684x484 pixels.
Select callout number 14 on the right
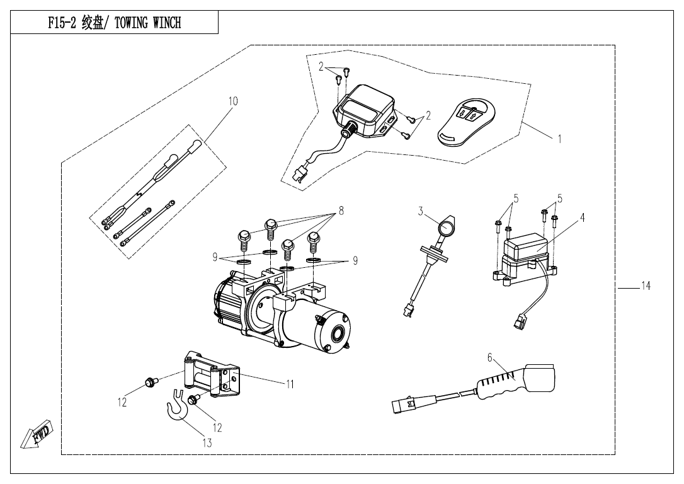pos(646,286)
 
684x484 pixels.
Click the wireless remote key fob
pos(465,120)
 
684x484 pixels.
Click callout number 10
pos(233,101)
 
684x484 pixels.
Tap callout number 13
pos(207,442)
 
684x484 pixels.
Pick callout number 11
pos(290,384)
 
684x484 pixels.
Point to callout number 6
pos(489,358)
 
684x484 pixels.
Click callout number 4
pos(583,217)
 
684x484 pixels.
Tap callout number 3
pos(420,212)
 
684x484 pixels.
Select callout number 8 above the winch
pos(341,211)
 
